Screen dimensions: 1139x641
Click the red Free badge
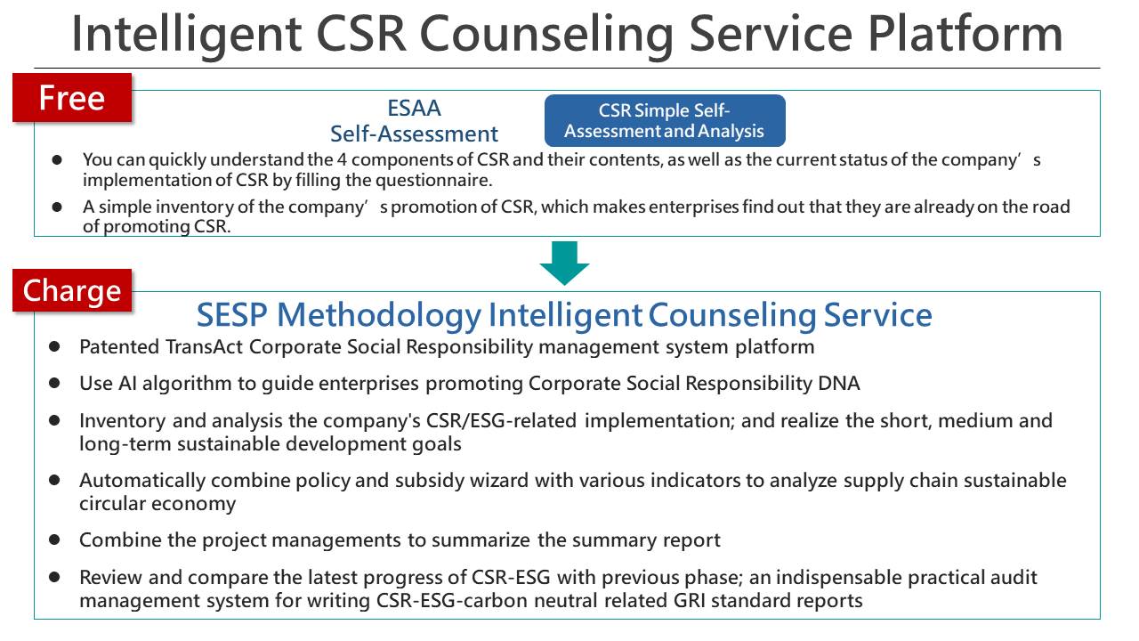[x=72, y=98]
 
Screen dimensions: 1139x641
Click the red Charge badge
[x=72, y=290]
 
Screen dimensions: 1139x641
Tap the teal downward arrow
[x=564, y=263]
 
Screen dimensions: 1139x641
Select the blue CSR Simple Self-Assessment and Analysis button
[x=665, y=120]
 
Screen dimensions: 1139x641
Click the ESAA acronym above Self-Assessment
[x=414, y=109]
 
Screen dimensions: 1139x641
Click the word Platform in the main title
[x=965, y=34]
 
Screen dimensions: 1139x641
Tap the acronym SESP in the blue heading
[x=232, y=315]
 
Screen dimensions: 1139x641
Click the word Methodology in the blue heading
[x=379, y=316]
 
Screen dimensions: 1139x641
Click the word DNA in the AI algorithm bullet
[x=838, y=383]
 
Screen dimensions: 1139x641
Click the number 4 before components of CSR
[x=342, y=159]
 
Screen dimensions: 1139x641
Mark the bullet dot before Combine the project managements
[x=54, y=540]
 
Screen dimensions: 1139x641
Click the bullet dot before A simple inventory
[x=57, y=207]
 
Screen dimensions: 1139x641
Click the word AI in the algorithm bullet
[x=127, y=383]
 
